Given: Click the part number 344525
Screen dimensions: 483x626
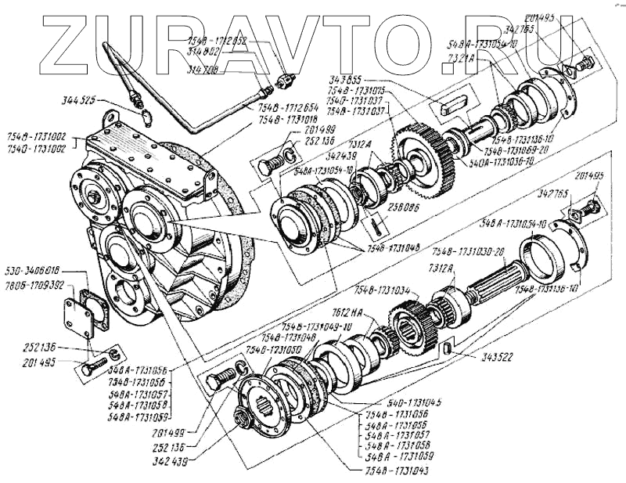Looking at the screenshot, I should click(80, 101).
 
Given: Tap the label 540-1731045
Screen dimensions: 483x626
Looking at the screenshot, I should click(397, 402).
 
